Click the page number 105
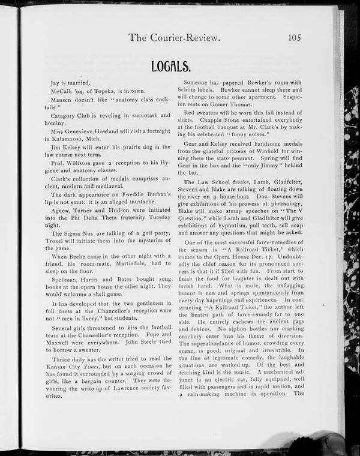(x=294, y=37)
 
